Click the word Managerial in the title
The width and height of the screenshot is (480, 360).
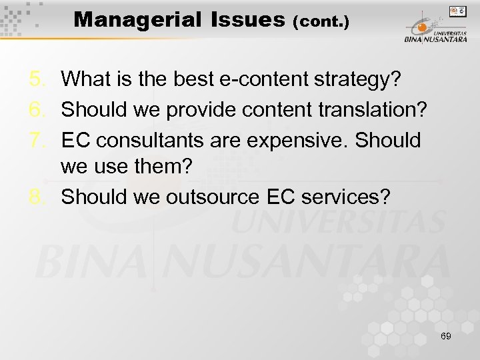(x=137, y=20)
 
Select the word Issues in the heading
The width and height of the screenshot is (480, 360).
(x=247, y=20)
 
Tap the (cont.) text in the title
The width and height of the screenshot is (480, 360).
(x=321, y=22)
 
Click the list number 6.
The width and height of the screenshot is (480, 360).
(x=37, y=110)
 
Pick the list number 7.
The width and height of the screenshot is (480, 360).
(x=37, y=141)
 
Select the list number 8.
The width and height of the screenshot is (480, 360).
(x=37, y=197)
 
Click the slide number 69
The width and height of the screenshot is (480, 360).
(x=446, y=336)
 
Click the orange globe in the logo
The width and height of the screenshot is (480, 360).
(x=422, y=28)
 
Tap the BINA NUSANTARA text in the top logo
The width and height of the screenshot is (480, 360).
(x=435, y=39)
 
